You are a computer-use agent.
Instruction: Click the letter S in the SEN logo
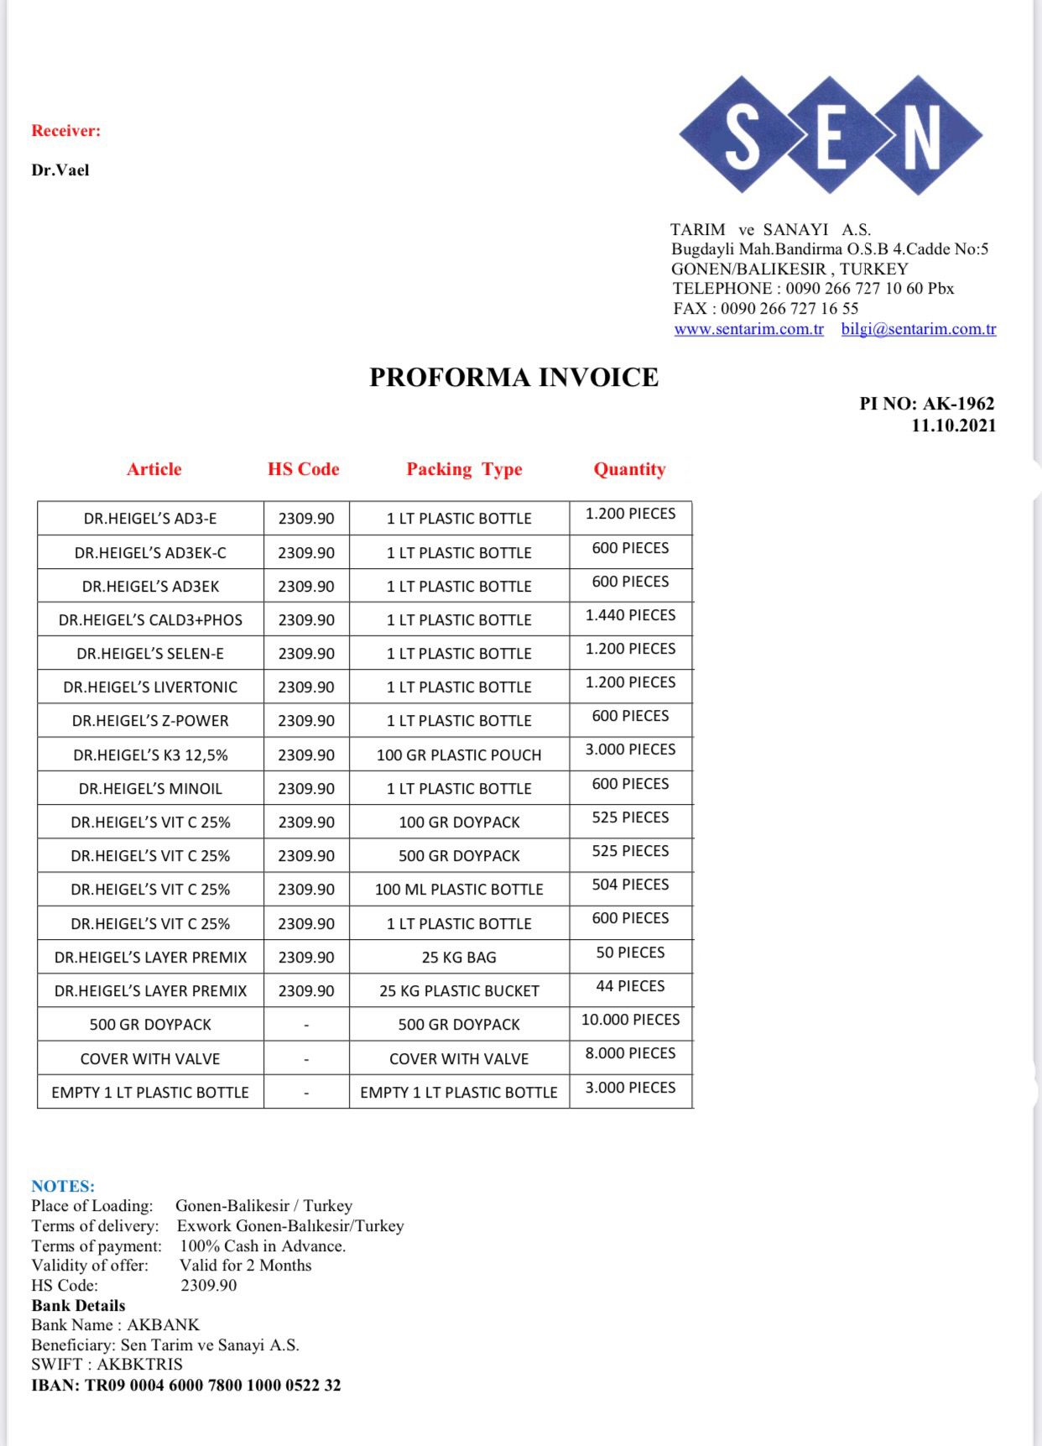point(742,136)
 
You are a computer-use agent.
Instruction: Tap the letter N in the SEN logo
point(921,136)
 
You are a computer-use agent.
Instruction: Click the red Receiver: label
point(65,131)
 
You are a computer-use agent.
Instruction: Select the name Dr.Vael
point(60,170)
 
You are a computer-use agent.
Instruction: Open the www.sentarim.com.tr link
point(748,329)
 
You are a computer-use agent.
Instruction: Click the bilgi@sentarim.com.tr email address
point(919,329)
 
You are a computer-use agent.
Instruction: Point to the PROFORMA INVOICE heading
point(513,378)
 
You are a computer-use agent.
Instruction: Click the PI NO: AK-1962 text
point(926,404)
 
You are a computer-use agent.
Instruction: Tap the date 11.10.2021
point(953,425)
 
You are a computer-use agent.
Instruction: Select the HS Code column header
point(303,469)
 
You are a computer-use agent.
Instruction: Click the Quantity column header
point(629,469)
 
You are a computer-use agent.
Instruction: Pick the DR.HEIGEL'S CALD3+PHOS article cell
point(150,620)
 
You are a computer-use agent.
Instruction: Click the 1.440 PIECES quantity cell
point(630,615)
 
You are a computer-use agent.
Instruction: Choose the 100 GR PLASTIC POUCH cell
point(459,755)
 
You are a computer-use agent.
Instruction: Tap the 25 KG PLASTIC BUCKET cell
point(459,991)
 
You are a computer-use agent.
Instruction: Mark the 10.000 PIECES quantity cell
point(630,1020)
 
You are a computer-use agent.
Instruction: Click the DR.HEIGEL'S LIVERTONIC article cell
point(150,687)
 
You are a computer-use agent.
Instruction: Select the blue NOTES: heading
point(63,1186)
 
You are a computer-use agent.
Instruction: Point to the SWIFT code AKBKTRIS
point(139,1365)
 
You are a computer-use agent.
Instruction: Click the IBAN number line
point(186,1386)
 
